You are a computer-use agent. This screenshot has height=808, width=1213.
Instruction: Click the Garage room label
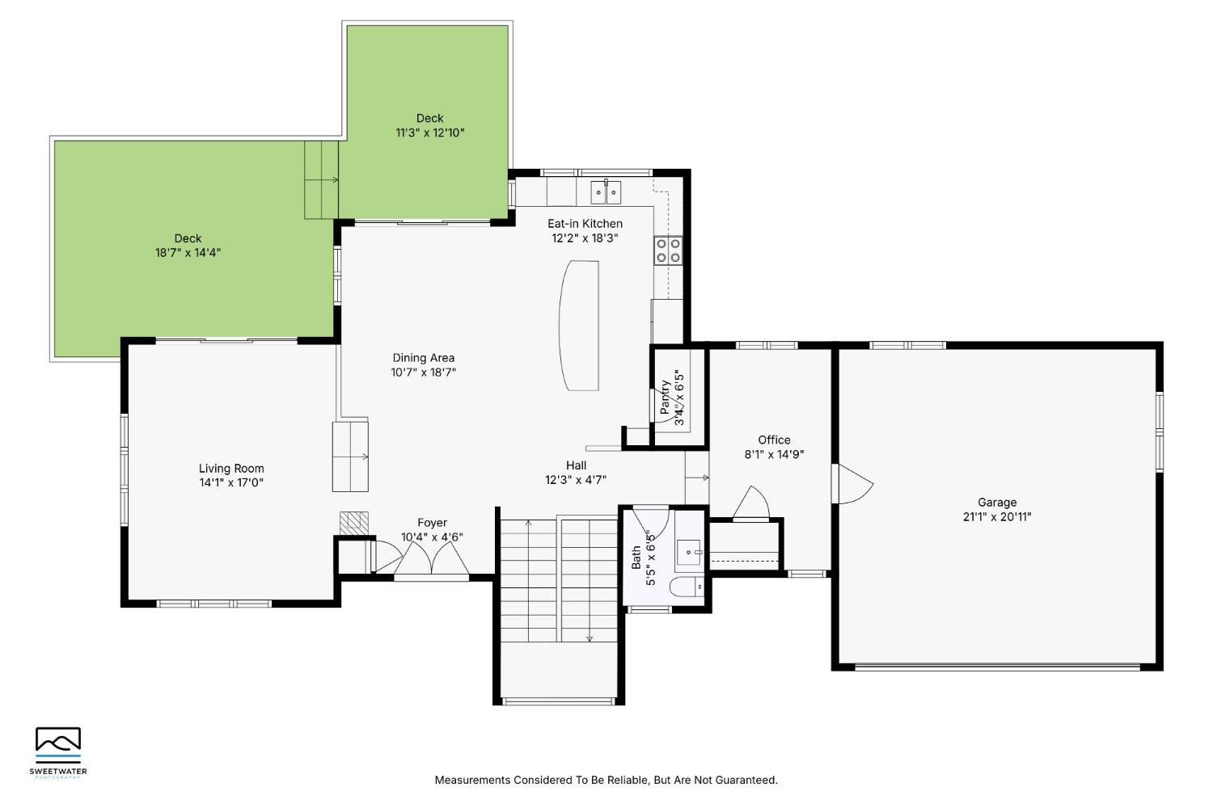point(997,503)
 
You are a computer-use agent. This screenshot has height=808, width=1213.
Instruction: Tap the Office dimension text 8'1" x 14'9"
point(774,455)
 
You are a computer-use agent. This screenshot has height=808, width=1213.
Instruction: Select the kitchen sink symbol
point(606,191)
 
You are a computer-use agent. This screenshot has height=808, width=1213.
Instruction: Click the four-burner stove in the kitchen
point(668,250)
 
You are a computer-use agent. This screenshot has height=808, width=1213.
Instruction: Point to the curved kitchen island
point(580,326)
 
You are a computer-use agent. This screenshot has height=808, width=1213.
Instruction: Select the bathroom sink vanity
point(689,552)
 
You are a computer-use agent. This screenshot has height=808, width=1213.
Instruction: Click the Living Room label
point(231,469)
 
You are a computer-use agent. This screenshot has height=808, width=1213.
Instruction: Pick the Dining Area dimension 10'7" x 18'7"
point(424,372)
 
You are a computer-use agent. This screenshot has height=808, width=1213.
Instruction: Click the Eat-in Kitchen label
point(585,224)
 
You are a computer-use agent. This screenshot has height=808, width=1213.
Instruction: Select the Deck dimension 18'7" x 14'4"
point(188,253)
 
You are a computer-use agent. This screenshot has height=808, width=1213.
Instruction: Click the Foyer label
point(432,523)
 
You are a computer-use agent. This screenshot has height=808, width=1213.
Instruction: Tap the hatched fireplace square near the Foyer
point(354,523)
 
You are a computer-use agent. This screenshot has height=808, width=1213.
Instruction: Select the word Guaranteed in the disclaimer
point(746,780)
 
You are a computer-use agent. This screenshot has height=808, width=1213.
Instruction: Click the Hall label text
point(576,465)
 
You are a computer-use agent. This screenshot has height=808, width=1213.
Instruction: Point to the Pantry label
point(666,398)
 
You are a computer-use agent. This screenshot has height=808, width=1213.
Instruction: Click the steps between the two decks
point(321,179)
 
